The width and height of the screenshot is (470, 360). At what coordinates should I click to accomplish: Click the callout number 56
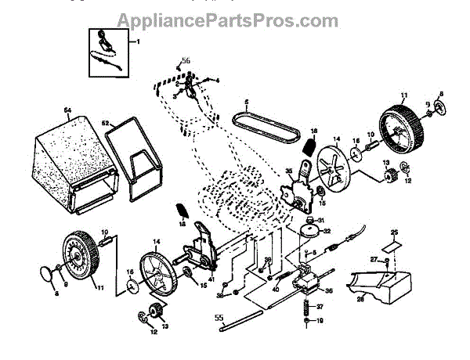point(186,60)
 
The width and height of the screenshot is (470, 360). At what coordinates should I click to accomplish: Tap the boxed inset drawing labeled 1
point(106,50)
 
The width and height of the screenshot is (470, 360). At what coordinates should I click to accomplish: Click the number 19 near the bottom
point(320,320)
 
